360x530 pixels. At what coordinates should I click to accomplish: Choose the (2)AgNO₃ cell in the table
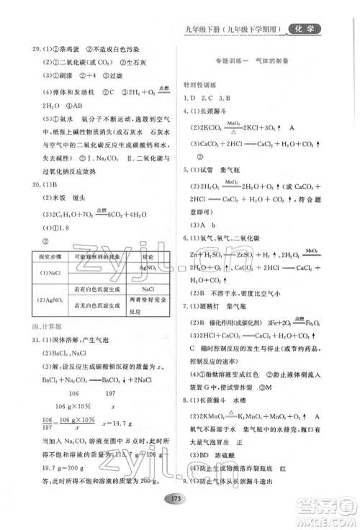click(x=47, y=300)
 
